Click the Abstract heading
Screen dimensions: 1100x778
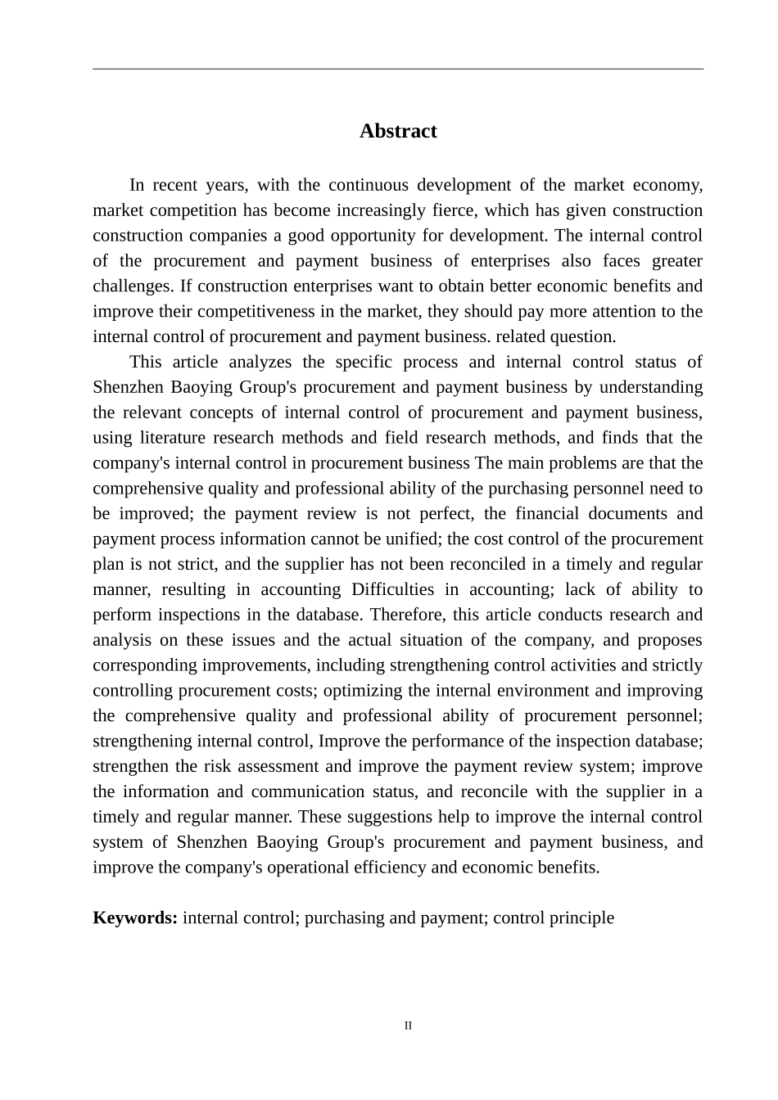398,131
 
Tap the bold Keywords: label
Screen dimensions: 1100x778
135,917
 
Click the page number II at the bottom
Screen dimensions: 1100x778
408,1026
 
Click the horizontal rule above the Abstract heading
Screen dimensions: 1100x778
398,69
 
